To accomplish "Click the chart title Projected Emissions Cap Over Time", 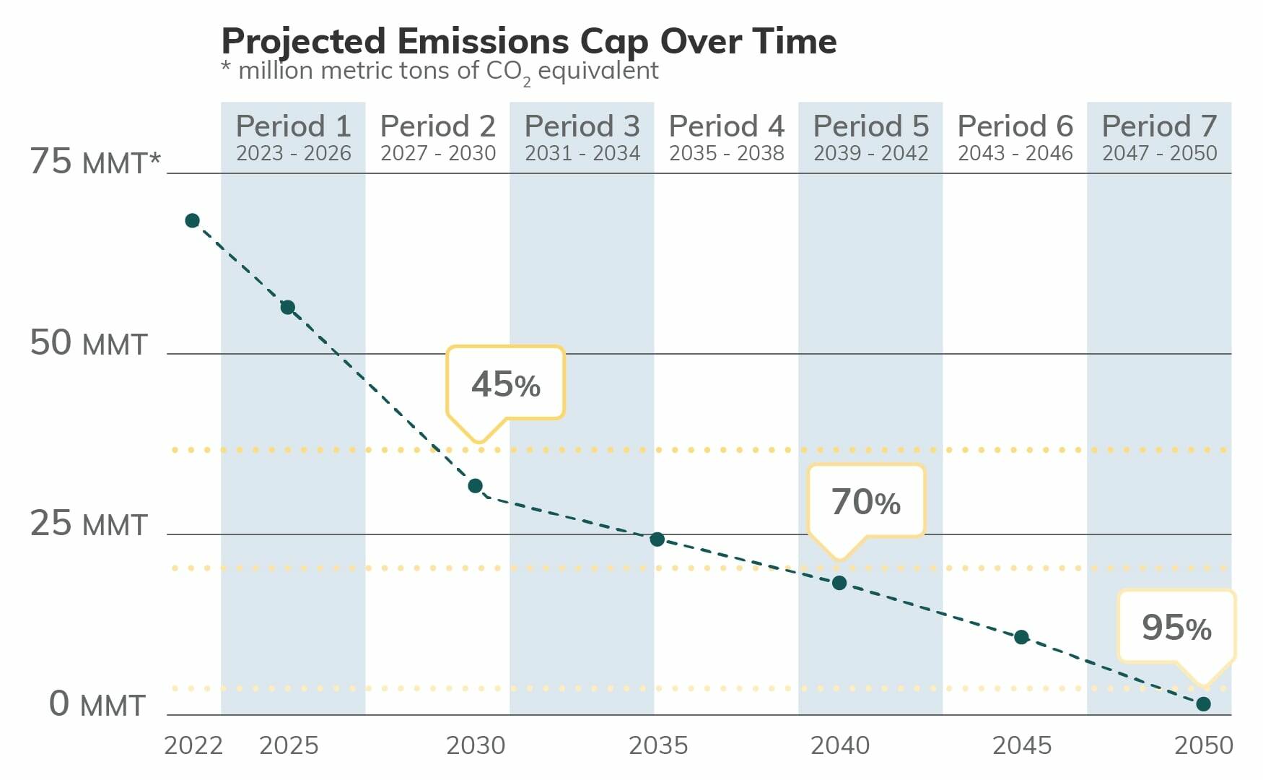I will pyautogui.click(x=528, y=41).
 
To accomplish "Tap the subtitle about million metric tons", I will pyautogui.click(x=440, y=71).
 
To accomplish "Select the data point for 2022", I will pyautogui.click(x=192, y=220).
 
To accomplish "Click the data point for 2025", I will pyautogui.click(x=287, y=307).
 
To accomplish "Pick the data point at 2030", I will pyautogui.click(x=475, y=485).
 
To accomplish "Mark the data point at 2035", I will pyautogui.click(x=657, y=539).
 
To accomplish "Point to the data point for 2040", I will pyautogui.click(x=839, y=582).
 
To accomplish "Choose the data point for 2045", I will pyautogui.click(x=1021, y=636).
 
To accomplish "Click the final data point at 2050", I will pyautogui.click(x=1203, y=703).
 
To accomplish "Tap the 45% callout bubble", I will pyautogui.click(x=505, y=383).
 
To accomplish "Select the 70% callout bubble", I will pyautogui.click(x=865, y=501).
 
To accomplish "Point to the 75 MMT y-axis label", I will pyautogui.click(x=94, y=161).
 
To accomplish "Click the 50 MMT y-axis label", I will pyautogui.click(x=88, y=343).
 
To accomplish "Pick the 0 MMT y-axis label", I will pyautogui.click(x=97, y=704).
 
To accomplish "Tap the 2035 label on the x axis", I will pyautogui.click(x=657, y=745).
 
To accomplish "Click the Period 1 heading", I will pyautogui.click(x=293, y=126).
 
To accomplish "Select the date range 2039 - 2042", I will pyautogui.click(x=870, y=153).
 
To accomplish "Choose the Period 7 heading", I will pyautogui.click(x=1159, y=126).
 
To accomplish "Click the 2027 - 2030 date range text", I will pyautogui.click(x=437, y=153).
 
